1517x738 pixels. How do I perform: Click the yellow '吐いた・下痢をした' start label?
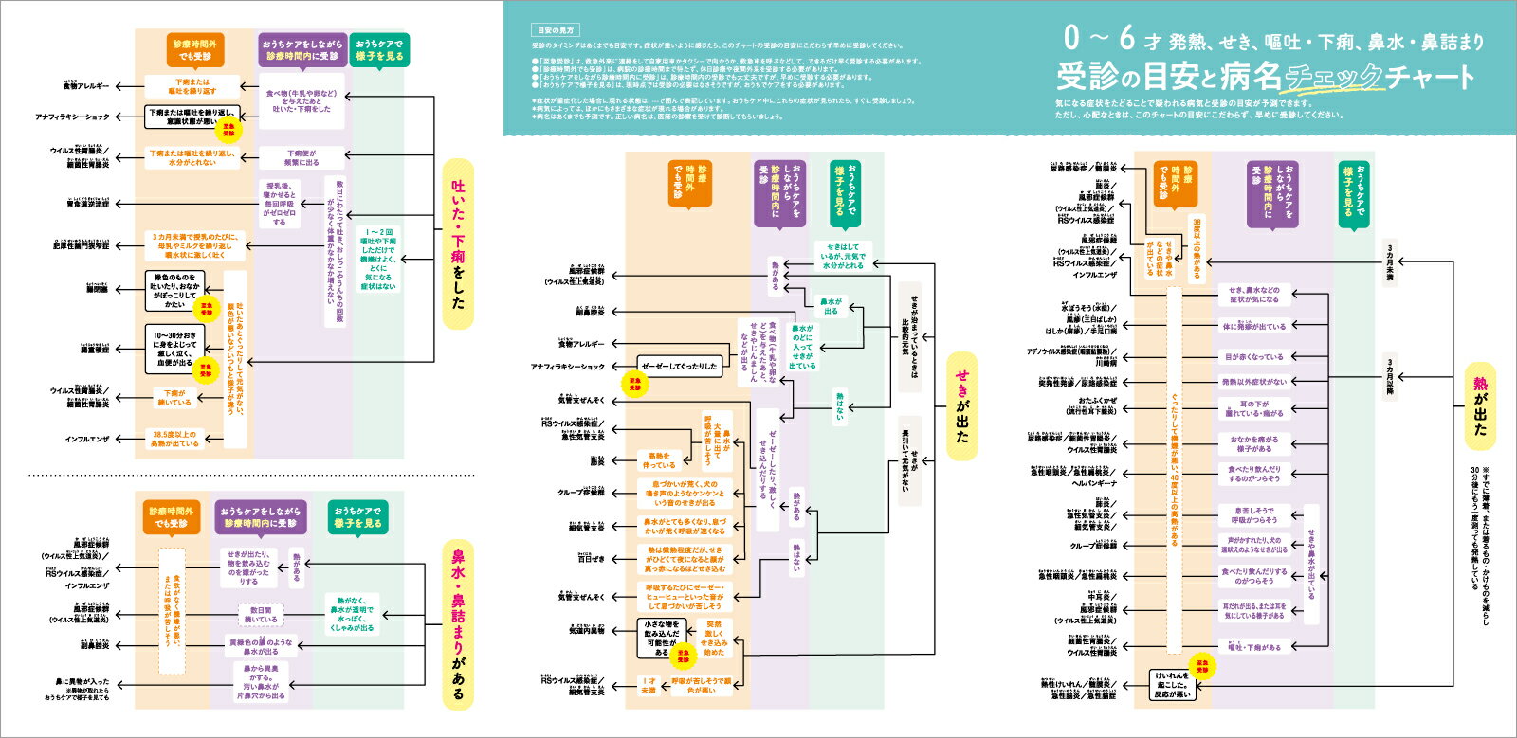458,244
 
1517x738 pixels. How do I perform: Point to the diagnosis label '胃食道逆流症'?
88,204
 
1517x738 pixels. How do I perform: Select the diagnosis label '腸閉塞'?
97,290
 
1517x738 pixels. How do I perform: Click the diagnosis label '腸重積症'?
95,350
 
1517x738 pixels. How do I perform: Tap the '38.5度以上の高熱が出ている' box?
175,439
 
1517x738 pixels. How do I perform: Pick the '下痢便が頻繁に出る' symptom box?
302,157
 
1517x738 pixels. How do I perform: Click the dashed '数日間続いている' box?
261,615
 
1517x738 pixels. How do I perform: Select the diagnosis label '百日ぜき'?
591,559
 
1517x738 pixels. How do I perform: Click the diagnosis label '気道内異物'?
586,631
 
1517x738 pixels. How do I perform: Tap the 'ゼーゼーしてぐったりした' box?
679,367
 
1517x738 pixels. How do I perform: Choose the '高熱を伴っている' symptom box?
659,460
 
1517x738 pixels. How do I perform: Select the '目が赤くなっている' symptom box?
1253,357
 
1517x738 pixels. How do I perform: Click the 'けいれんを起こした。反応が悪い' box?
1172,685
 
